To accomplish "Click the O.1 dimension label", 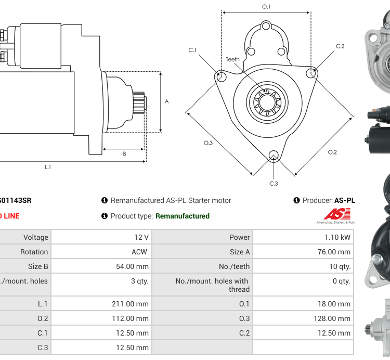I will [266, 7].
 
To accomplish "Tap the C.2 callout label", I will [340, 46].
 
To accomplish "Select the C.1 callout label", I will [192, 50].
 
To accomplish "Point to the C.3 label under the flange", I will [274, 183].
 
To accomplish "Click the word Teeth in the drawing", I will [232, 59].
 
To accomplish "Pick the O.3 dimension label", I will [208, 143].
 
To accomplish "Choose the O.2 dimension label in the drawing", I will [332, 152].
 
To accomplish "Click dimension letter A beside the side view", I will [166, 101].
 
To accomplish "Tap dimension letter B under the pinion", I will [124, 154].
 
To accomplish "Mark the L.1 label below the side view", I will [48, 167].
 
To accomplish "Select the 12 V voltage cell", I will [141, 237].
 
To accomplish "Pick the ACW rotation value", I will [139, 252].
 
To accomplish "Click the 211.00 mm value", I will [130, 304].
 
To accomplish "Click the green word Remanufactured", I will [182, 216].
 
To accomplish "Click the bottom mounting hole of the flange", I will [274, 155].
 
